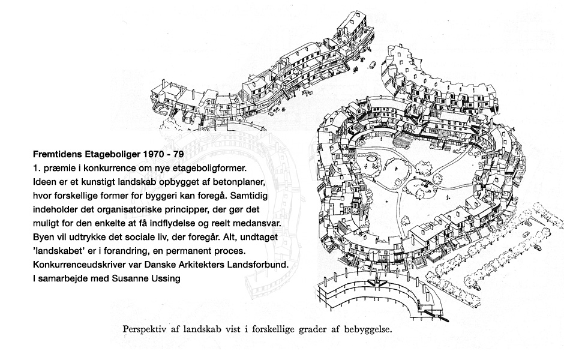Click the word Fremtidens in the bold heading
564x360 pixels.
coord(58,154)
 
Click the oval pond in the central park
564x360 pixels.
coord(372,158)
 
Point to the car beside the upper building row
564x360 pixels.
coord(372,65)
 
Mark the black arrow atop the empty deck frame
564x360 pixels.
coord(377,283)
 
